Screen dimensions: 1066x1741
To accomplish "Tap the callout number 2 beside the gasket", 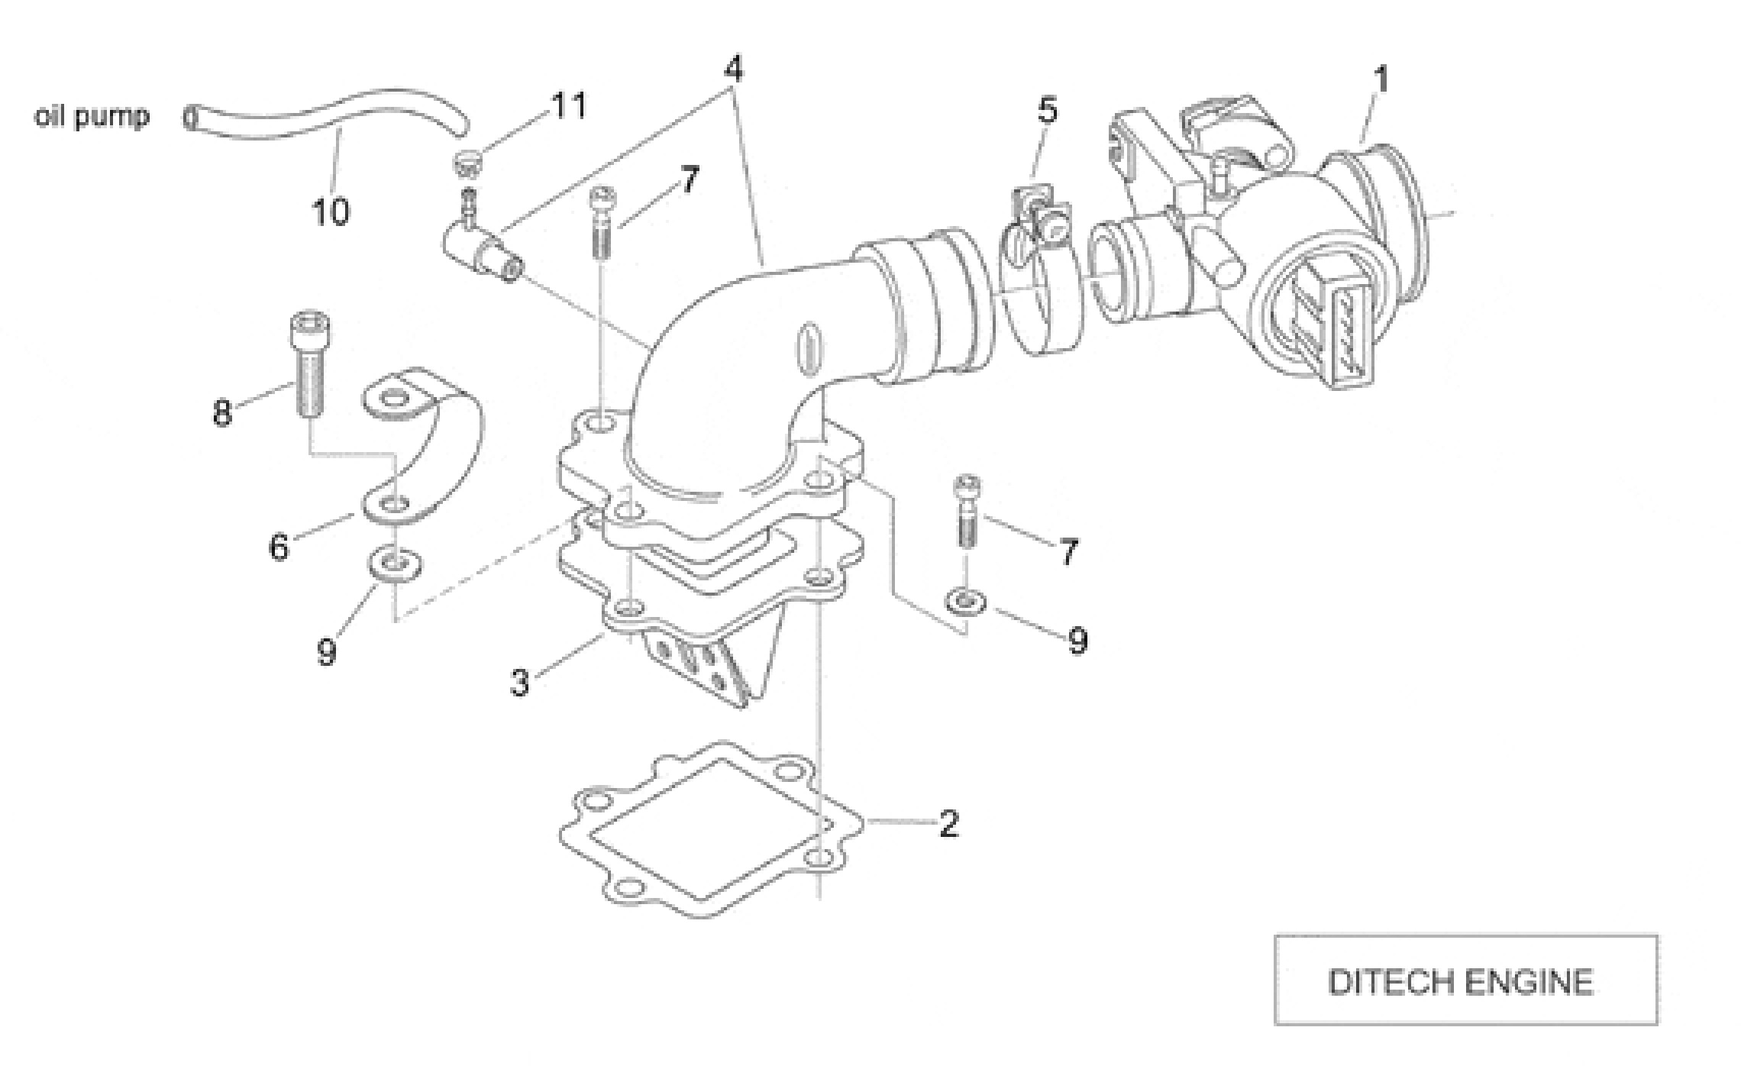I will [x=948, y=823].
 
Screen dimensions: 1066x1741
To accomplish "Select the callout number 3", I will [x=520, y=683].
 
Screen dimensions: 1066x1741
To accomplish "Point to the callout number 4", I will [x=732, y=69].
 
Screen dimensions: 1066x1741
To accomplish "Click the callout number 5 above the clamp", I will [x=1048, y=111].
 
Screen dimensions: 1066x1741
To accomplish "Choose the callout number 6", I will [x=279, y=547].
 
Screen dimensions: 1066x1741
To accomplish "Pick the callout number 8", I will [x=222, y=413].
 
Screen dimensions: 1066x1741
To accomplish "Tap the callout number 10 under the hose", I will [x=331, y=212].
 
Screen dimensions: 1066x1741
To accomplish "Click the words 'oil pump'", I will [x=92, y=117].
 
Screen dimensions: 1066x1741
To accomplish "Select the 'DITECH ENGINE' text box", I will [x=1465, y=980].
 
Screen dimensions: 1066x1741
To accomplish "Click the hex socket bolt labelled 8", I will [x=308, y=367].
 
